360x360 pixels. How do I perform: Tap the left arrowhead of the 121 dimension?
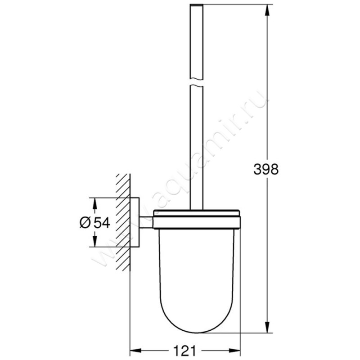[134, 349]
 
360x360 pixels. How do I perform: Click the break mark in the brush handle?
[197, 83]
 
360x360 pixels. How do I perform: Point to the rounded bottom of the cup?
[198, 331]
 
